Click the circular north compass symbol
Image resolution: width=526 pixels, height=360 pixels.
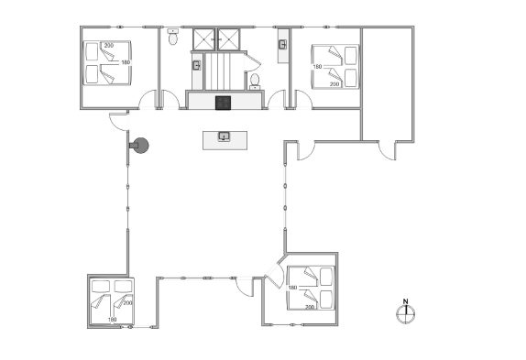click(406, 314)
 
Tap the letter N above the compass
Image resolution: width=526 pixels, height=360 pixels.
click(406, 301)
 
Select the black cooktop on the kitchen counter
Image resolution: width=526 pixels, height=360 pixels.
click(223, 103)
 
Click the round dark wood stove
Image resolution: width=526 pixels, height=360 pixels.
click(140, 146)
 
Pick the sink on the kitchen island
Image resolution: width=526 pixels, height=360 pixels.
click(225, 136)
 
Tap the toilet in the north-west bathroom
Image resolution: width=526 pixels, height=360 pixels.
click(173, 38)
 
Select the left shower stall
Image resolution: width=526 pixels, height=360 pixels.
click(203, 39)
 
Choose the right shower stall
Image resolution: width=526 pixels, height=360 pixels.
click(229, 39)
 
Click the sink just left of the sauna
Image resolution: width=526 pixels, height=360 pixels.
click(197, 65)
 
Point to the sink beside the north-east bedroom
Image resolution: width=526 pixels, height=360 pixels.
click(283, 44)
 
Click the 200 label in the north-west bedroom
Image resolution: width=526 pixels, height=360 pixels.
click(109, 45)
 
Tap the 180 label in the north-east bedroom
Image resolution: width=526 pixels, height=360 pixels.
click(317, 67)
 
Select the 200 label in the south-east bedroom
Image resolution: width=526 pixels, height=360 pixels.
click(310, 307)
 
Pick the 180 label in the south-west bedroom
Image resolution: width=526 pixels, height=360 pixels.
click(113, 320)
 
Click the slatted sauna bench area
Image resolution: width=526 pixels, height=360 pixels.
click(218, 71)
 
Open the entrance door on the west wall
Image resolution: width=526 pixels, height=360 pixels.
click(119, 121)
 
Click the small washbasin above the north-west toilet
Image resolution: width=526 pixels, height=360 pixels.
click(173, 31)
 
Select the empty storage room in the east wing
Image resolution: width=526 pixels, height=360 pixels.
click(387, 83)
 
